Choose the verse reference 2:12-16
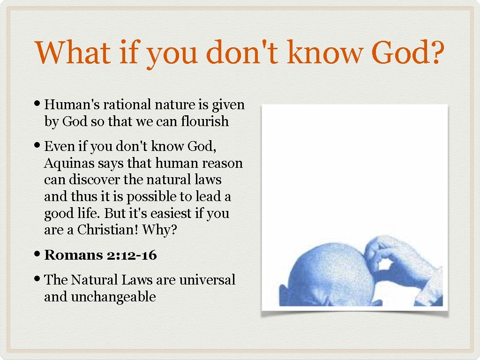tap(132, 255)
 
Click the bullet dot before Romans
tap(38, 255)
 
